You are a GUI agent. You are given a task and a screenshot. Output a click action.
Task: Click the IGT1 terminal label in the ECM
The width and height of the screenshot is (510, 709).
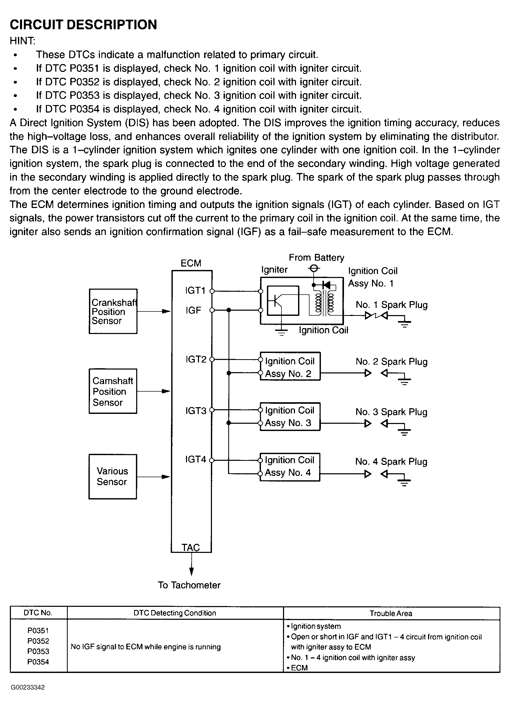(195, 291)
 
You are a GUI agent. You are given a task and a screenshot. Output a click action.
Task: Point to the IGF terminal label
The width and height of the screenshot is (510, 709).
(193, 310)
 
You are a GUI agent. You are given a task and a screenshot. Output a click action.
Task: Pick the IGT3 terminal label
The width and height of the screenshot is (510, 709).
(196, 411)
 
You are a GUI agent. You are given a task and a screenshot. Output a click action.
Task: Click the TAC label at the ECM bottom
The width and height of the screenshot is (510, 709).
(191, 547)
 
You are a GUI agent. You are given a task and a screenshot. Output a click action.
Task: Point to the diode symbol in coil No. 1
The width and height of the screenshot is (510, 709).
(326, 285)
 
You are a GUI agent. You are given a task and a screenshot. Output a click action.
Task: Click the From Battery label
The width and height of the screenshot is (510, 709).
(316, 258)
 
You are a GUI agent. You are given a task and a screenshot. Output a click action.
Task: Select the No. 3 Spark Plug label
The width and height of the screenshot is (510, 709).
(391, 412)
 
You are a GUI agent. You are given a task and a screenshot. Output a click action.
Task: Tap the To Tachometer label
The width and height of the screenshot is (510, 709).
(189, 585)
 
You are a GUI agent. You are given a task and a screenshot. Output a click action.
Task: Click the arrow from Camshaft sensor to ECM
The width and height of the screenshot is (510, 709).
(154, 391)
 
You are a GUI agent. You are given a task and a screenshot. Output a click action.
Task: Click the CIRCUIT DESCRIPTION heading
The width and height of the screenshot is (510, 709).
(84, 25)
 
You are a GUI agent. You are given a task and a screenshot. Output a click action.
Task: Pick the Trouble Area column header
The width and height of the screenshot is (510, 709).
(391, 613)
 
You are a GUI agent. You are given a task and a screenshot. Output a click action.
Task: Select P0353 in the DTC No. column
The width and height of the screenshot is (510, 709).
(38, 651)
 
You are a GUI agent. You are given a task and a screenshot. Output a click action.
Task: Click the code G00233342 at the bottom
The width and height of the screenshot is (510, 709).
(28, 687)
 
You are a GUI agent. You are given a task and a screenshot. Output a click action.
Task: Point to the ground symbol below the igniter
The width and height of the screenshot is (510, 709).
(282, 332)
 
